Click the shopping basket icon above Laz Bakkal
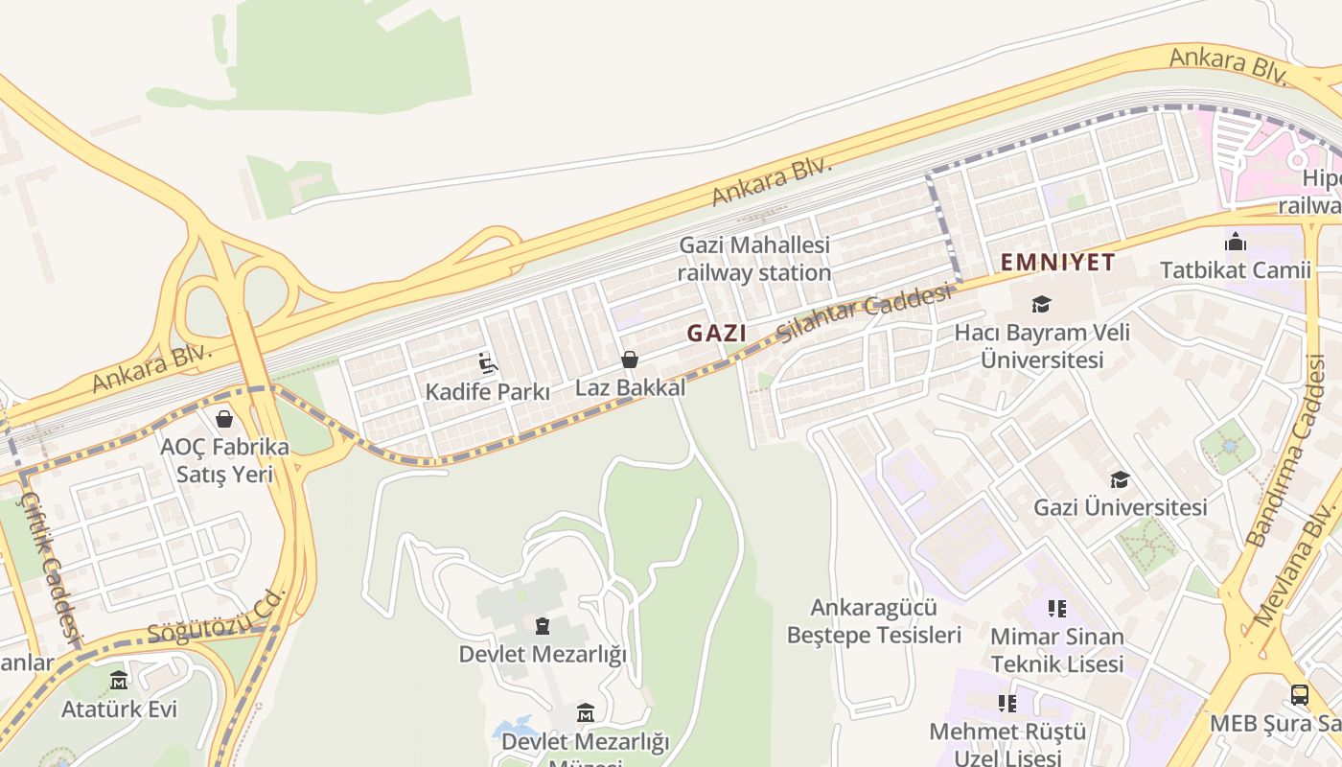630,360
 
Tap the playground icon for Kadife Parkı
488,363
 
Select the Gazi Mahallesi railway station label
754,259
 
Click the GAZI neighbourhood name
716,334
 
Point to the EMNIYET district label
1058,262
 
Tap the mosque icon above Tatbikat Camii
1236,242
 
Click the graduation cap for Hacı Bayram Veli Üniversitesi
1041,305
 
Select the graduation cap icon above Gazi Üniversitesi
1120,479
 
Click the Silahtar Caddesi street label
867,314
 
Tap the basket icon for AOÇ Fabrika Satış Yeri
224,419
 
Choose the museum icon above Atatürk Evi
119,681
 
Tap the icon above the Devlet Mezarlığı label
543,626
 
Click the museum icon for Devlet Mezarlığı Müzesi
586,713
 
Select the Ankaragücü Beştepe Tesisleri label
873,621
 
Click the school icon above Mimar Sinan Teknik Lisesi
1057,608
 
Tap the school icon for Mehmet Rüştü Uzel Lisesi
1007,704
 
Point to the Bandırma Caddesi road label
1285,451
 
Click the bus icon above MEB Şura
1300,695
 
